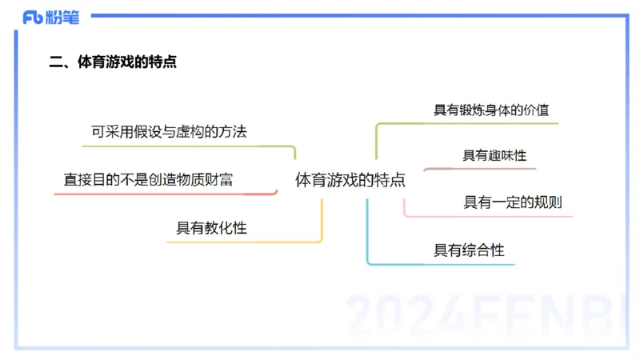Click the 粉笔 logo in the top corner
point(51,18)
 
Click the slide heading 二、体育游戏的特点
point(113,62)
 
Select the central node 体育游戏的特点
point(350,180)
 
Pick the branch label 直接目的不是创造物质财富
point(148,180)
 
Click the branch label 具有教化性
point(211,228)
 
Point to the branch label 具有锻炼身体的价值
point(491,110)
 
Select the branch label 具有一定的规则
point(513,202)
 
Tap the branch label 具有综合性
point(469,250)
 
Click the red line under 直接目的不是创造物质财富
point(160,194)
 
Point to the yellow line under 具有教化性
point(240,241)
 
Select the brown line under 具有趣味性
point(480,169)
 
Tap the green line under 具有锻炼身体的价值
point(480,124)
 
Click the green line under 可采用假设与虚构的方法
point(184,146)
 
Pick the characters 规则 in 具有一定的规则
point(549,202)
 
